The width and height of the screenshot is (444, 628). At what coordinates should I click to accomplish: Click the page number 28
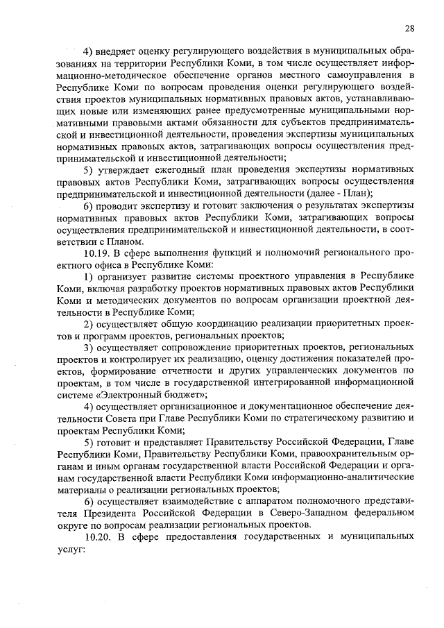[x=410, y=28]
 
